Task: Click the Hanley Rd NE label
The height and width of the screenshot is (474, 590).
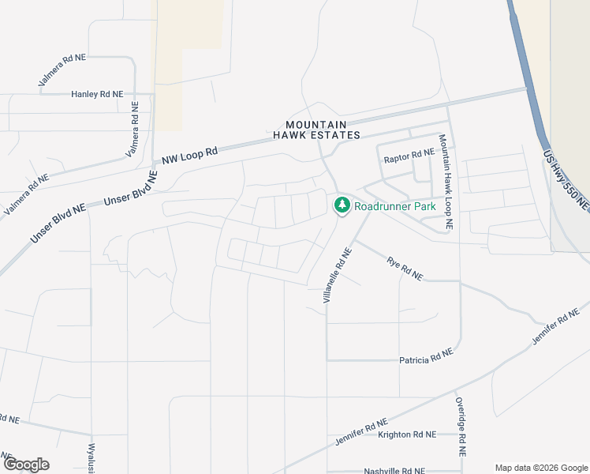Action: (x=97, y=94)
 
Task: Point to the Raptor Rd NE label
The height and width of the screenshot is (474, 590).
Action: (x=409, y=157)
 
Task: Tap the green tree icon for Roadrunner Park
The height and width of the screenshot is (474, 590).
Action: (x=342, y=205)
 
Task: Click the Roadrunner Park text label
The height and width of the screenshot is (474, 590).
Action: (x=395, y=206)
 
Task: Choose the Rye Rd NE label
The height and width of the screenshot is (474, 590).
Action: (x=405, y=268)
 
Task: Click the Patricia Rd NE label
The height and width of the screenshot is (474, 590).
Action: (x=426, y=355)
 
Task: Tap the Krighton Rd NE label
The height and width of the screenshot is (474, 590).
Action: (x=407, y=434)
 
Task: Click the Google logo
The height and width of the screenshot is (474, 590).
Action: (x=26, y=465)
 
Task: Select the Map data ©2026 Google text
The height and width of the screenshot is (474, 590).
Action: (x=540, y=468)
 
